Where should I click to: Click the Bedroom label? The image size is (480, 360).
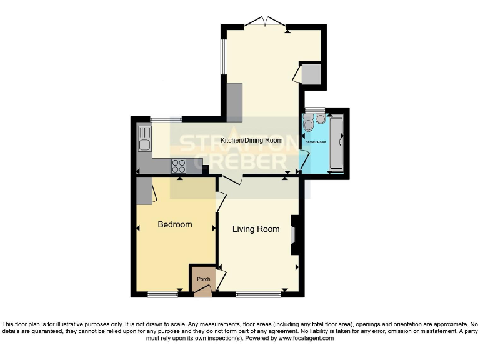(x=174, y=224)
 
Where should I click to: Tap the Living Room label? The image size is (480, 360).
(x=256, y=229)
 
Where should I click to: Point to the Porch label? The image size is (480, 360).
(x=203, y=279)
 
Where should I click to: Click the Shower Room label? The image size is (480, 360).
(x=316, y=142)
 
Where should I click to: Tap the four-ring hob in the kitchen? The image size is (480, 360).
(x=179, y=166)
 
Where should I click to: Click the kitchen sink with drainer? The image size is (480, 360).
(x=144, y=141)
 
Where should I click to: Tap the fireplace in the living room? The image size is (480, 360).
(x=295, y=235)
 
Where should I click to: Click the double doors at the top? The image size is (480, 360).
(x=264, y=23)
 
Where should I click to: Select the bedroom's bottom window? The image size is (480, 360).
(x=163, y=294)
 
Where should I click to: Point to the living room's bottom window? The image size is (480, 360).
(x=259, y=294)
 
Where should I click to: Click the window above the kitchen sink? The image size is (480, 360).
(x=166, y=118)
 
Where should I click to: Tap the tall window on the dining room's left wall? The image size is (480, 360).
(x=223, y=58)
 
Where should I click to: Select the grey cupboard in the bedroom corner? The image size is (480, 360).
(x=144, y=190)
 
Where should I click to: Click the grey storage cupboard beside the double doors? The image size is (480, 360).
(x=311, y=74)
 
